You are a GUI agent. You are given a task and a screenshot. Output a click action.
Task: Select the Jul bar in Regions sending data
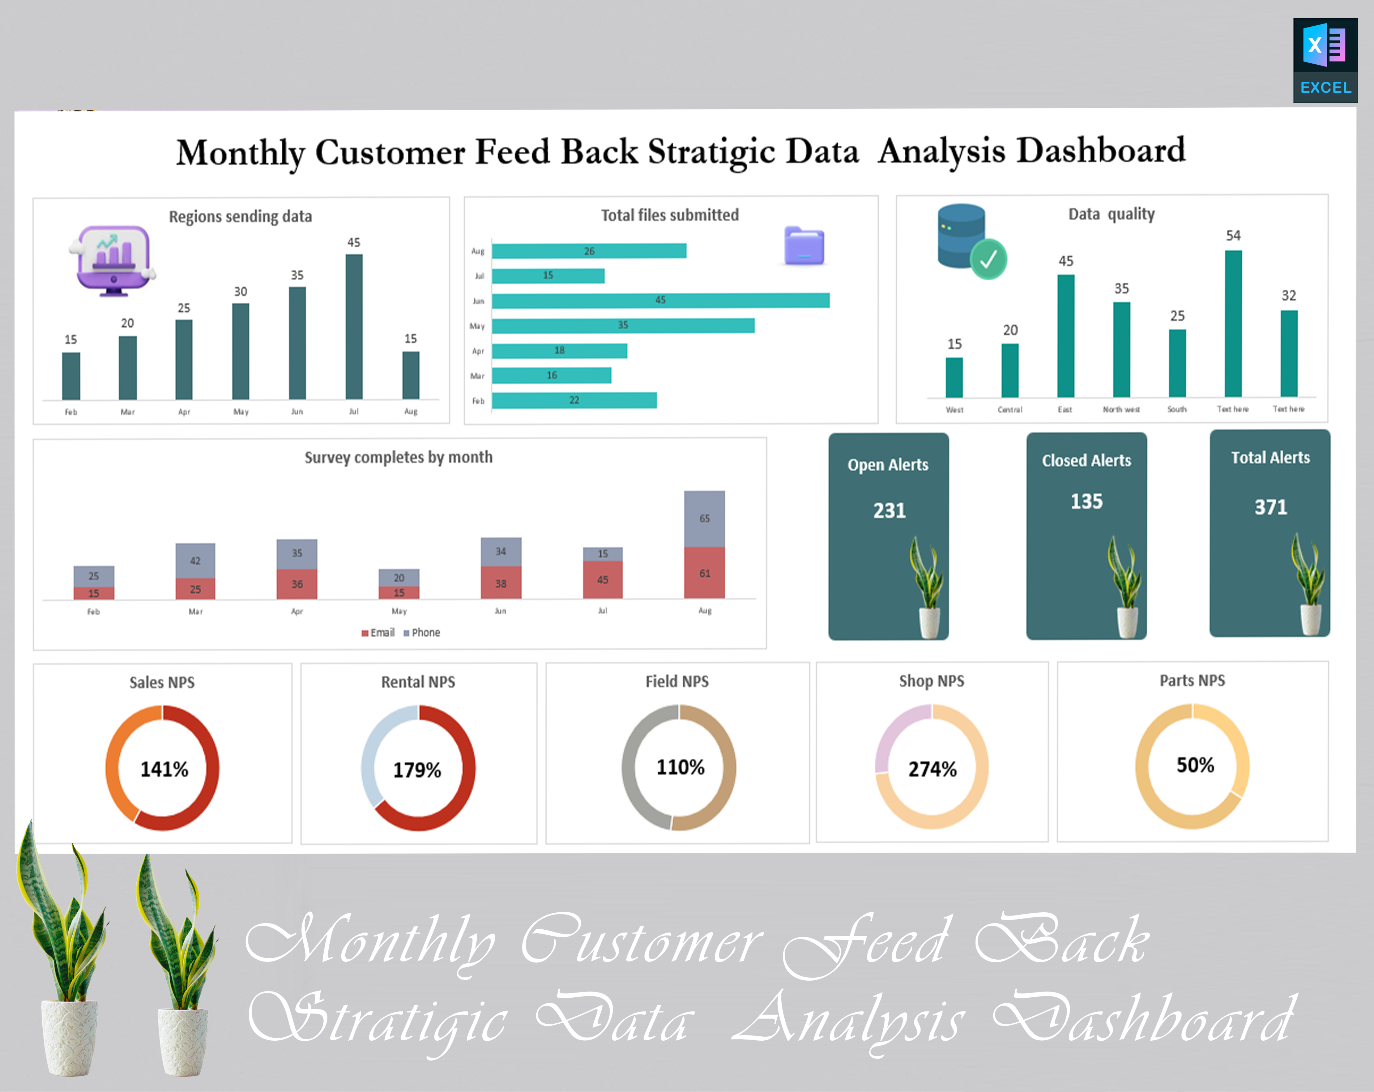pos(354,327)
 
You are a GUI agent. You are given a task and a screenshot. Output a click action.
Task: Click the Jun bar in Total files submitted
pos(660,300)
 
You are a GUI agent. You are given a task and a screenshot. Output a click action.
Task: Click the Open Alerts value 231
pos(889,511)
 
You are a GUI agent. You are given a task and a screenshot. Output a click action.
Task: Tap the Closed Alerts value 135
pos(1086,502)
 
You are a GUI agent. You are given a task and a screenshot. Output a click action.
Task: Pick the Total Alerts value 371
pos(1270,507)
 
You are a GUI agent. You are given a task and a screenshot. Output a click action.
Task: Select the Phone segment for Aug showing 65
pos(704,518)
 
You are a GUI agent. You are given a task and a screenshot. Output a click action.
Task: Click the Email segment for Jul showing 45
pos(602,580)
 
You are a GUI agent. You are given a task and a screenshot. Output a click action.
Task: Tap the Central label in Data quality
pos(1010,409)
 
